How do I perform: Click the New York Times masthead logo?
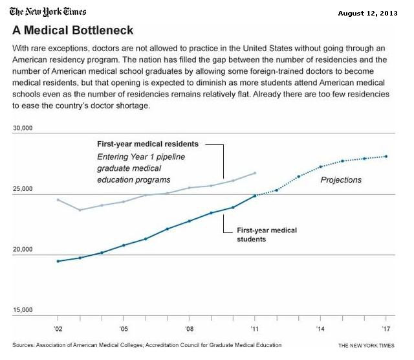tap(48, 12)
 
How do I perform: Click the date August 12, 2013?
tap(378, 13)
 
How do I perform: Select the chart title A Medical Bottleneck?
tap(73, 31)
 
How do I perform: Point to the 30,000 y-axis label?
tap(23, 129)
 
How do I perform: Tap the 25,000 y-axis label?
tap(23, 189)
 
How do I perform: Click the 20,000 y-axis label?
tap(23, 249)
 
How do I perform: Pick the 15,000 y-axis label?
tap(23, 310)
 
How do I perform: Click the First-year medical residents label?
tap(147, 144)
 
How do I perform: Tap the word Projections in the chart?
tap(341, 180)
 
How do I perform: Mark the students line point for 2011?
tap(255, 195)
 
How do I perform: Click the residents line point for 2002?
tap(58, 200)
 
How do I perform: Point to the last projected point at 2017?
tap(386, 156)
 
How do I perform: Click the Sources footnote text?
tap(147, 345)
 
